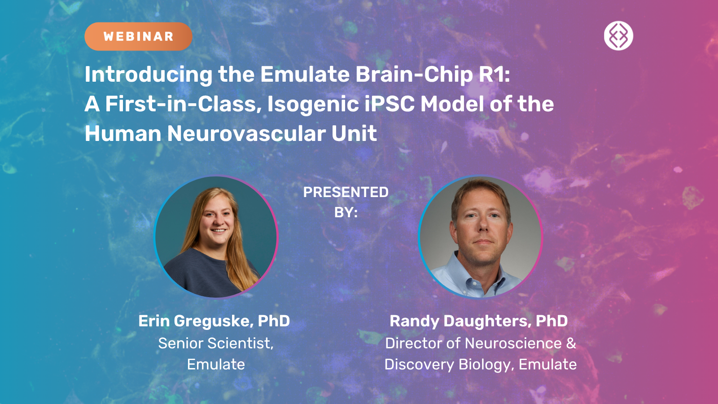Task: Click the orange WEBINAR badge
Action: pyautogui.click(x=139, y=36)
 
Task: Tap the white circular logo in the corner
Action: pyautogui.click(x=618, y=35)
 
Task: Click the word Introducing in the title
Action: pyautogui.click(x=149, y=75)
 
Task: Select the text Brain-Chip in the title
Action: pyautogui.click(x=414, y=75)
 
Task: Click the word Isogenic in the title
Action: pyautogui.click(x=313, y=105)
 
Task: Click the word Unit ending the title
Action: pyautogui.click(x=354, y=133)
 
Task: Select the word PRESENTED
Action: pyautogui.click(x=346, y=192)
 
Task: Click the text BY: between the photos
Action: pyautogui.click(x=346, y=212)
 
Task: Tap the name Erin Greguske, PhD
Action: pyautogui.click(x=214, y=321)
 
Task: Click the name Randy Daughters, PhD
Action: pyautogui.click(x=478, y=321)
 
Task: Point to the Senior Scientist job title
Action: pyautogui.click(x=216, y=343)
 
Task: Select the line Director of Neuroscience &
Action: pyautogui.click(x=481, y=343)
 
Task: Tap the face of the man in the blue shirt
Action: pyautogui.click(x=481, y=228)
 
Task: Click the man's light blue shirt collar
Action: pyautogui.click(x=477, y=276)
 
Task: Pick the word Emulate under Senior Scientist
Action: pyautogui.click(x=216, y=364)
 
